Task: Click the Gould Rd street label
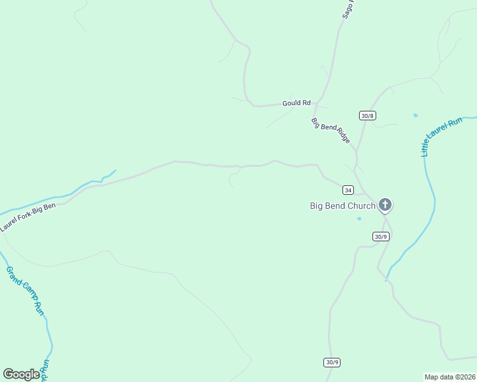pyautogui.click(x=297, y=103)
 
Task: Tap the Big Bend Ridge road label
pyautogui.click(x=331, y=131)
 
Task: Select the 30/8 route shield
pyautogui.click(x=367, y=115)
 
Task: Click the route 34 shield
pyautogui.click(x=348, y=190)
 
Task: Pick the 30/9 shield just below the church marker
pyautogui.click(x=380, y=236)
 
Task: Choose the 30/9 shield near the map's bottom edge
pyautogui.click(x=332, y=362)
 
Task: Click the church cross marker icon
pyautogui.click(x=385, y=204)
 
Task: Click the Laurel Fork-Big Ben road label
pyautogui.click(x=32, y=216)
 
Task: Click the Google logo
pyautogui.click(x=22, y=374)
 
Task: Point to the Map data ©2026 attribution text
pyautogui.click(x=450, y=377)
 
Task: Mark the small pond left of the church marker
pyautogui.click(x=359, y=218)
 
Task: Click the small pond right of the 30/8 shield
pyautogui.click(x=416, y=115)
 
